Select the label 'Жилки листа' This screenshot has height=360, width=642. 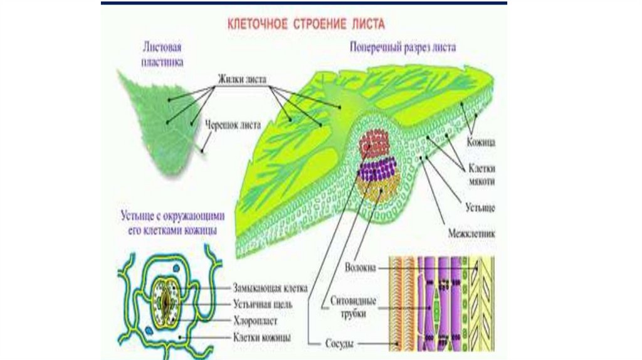pos(243,80)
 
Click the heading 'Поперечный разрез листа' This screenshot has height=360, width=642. pos(403,48)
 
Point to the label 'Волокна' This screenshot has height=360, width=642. pos(360,267)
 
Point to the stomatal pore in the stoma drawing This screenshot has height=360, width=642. pos(165,299)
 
